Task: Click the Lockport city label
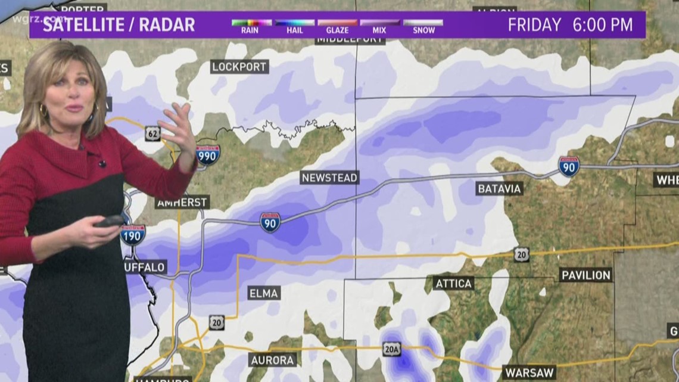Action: pos(239,67)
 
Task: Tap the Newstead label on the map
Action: pos(329,178)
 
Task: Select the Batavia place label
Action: pos(499,189)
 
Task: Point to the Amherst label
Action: pos(182,203)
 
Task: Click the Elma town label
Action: pos(263,293)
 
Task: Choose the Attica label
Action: pos(453,283)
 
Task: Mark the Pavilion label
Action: pos(585,275)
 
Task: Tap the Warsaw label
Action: pos(530,372)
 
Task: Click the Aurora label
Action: pos(272,360)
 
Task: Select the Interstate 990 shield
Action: pos(208,155)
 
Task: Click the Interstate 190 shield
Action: pos(132,235)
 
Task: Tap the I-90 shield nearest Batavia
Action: pos(568,166)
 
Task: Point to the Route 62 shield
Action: pos(152,133)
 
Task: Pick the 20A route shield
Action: pos(391,349)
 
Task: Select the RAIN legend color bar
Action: pos(251,23)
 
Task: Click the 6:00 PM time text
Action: pos(603,25)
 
